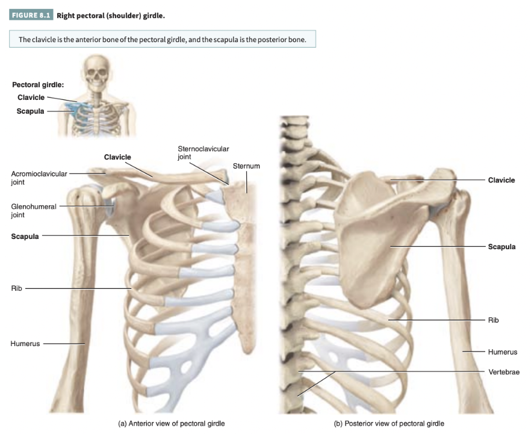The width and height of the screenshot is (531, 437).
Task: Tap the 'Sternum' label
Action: [x=246, y=166]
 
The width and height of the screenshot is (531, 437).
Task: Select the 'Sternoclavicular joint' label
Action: [x=203, y=152]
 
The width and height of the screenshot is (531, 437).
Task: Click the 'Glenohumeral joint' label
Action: [x=34, y=210]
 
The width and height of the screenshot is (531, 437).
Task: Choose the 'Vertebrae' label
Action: [x=503, y=372]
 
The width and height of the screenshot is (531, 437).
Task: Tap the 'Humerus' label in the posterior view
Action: [x=502, y=352]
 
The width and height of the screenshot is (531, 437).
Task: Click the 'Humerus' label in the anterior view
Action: [x=25, y=344]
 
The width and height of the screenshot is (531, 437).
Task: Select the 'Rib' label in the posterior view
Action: [x=493, y=320]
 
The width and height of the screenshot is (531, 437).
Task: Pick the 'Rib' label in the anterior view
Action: [x=16, y=288]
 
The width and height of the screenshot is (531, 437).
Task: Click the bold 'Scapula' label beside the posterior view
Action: [x=501, y=247]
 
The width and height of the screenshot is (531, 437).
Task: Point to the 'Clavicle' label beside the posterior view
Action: [x=501, y=180]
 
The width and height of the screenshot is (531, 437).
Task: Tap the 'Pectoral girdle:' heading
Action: [x=38, y=84]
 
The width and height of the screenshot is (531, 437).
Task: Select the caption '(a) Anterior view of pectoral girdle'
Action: [x=172, y=424]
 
